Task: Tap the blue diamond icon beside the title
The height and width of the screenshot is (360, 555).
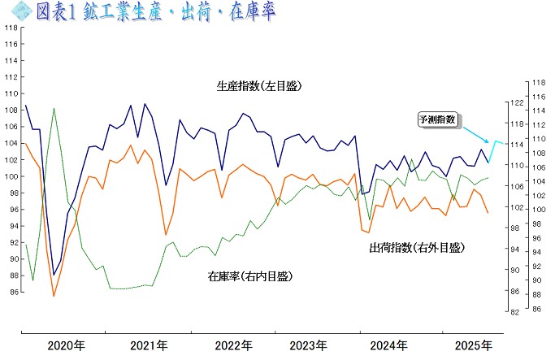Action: [21, 11]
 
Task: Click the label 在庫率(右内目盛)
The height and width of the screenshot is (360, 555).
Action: [249, 276]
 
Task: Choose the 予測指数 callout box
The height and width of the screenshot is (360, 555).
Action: [437, 119]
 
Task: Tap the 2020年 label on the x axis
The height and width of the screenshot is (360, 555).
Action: [66, 346]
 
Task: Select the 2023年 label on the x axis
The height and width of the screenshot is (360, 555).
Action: [310, 346]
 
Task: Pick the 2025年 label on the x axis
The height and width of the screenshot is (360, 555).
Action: [473, 346]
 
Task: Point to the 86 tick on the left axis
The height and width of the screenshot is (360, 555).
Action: [11, 292]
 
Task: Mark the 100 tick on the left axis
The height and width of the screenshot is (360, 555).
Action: [10, 176]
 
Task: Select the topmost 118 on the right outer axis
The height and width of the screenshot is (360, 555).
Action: [536, 82]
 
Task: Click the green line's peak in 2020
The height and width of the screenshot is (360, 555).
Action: [54, 108]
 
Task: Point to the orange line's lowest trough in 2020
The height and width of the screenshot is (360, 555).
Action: [54, 296]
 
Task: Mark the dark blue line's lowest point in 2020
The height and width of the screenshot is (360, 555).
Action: [54, 275]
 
